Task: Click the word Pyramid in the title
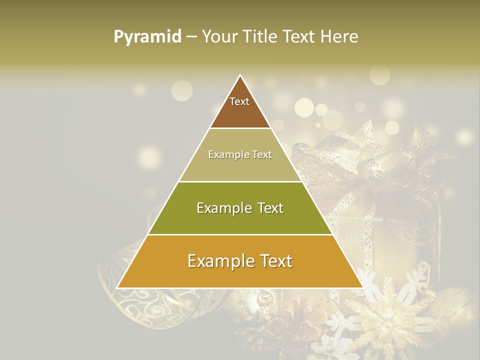point(147,37)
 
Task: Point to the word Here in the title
point(339,37)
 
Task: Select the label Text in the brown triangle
point(239,101)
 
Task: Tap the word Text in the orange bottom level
point(274,261)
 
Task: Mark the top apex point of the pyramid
point(240,76)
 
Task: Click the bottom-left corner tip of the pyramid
point(118,287)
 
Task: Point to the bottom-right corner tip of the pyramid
point(362,287)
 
